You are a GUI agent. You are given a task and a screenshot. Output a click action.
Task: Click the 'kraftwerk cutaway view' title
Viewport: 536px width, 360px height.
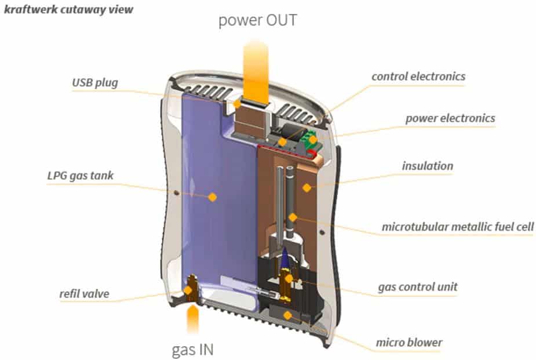[68, 10]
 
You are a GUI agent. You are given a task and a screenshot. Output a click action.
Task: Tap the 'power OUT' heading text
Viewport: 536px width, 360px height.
[258, 21]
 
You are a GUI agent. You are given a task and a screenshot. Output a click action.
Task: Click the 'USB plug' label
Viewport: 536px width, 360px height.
[94, 82]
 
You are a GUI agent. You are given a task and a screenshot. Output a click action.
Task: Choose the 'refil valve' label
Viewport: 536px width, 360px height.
[83, 294]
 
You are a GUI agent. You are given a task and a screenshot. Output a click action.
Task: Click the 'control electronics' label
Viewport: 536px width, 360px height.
[418, 76]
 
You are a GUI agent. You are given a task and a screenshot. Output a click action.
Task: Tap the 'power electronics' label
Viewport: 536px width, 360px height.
[450, 118]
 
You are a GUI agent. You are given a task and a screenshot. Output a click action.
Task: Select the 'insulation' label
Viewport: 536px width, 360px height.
[427, 166]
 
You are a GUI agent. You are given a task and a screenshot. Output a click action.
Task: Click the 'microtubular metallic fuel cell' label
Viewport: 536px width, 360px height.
[457, 226]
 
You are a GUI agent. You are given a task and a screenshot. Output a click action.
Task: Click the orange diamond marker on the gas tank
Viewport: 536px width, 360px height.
[212, 197]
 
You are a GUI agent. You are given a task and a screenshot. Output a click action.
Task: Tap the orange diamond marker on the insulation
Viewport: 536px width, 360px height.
[307, 187]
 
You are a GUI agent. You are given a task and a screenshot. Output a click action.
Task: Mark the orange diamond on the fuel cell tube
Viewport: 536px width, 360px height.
[293, 217]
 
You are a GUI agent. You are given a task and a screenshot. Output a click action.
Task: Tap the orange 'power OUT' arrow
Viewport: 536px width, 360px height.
[257, 67]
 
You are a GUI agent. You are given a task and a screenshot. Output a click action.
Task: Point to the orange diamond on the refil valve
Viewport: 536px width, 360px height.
[188, 289]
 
